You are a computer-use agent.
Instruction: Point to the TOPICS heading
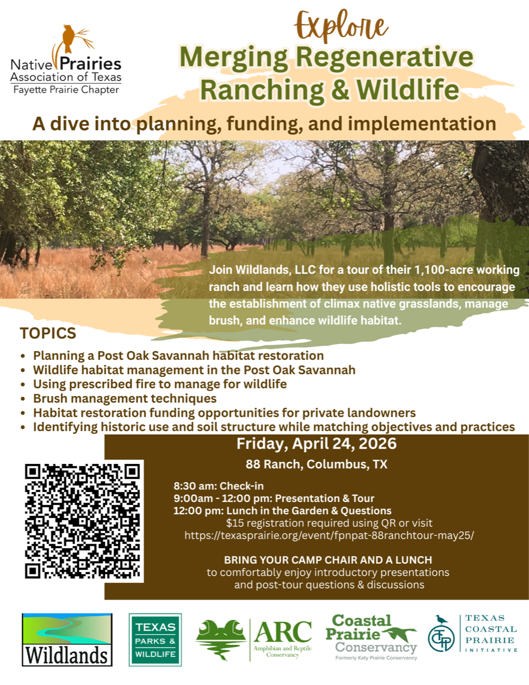pos(48,333)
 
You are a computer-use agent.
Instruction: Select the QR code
pos(83,521)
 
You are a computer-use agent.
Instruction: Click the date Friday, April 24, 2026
pos(316,444)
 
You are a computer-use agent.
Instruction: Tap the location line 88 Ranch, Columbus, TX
pos(316,464)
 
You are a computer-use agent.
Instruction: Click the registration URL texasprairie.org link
pos(329,535)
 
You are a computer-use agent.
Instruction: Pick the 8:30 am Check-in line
pos(219,486)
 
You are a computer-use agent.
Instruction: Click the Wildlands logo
pos(67,639)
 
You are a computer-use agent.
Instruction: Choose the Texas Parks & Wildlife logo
pos(155,640)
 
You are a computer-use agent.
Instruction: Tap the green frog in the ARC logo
pos(220,638)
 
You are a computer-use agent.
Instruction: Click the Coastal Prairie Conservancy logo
pos(371,637)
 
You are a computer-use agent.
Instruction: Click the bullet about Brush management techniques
pos(125,398)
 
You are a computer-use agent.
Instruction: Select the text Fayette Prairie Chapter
pos(66,90)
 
